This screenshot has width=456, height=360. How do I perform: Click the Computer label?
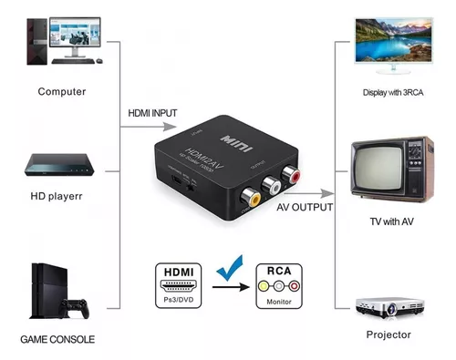62,91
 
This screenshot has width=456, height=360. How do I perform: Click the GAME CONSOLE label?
57,339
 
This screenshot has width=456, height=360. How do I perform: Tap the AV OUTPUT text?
305,208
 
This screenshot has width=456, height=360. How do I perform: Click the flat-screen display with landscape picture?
395,37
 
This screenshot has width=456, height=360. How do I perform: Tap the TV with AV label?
393,222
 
